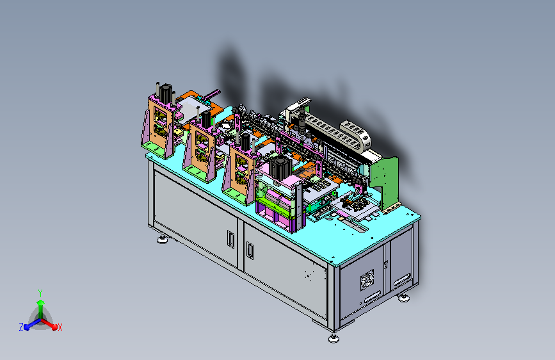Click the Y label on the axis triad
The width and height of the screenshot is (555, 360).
(x=40, y=293)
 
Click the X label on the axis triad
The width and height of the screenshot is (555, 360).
(x=60, y=328)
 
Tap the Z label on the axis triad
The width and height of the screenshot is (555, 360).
(x=21, y=327)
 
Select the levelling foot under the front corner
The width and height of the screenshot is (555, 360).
(x=334, y=339)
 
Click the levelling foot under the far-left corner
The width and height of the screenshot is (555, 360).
(x=162, y=240)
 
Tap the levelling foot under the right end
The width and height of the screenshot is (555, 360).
(x=403, y=298)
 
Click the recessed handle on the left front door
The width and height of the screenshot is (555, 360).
(x=230, y=239)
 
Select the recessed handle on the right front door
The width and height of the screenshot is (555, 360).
(x=250, y=250)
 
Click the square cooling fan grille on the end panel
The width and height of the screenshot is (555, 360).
(x=367, y=280)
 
